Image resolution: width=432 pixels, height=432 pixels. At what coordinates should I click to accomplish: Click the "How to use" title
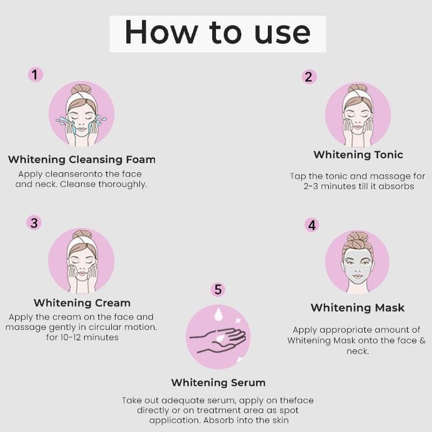click(x=218, y=33)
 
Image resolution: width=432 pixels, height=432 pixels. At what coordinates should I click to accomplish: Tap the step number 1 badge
click(x=36, y=75)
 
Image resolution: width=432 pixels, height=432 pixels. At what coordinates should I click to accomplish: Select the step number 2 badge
click(x=309, y=77)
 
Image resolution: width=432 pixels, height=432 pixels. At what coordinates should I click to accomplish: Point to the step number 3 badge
click(x=34, y=222)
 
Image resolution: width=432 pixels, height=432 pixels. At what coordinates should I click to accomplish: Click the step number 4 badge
click(x=312, y=225)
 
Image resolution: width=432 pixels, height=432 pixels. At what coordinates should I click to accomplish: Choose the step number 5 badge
click(x=218, y=290)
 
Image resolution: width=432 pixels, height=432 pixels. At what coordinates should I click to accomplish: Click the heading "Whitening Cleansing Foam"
click(x=82, y=160)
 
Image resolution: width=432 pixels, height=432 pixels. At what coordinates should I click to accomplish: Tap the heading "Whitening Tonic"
click(x=358, y=155)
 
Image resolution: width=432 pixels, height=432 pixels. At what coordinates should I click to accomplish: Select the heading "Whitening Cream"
click(x=82, y=303)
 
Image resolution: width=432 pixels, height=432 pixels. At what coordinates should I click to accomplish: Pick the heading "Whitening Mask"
click(x=358, y=308)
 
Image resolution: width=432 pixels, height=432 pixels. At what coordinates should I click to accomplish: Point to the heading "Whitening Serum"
click(x=218, y=382)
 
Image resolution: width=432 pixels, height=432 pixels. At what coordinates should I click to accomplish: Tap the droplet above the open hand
click(x=218, y=314)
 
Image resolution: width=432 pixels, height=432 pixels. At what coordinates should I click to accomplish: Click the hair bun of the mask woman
click(x=357, y=239)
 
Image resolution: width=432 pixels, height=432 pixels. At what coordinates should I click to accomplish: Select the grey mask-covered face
click(x=357, y=266)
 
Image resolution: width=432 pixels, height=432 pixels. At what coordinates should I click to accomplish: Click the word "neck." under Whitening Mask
click(x=358, y=351)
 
